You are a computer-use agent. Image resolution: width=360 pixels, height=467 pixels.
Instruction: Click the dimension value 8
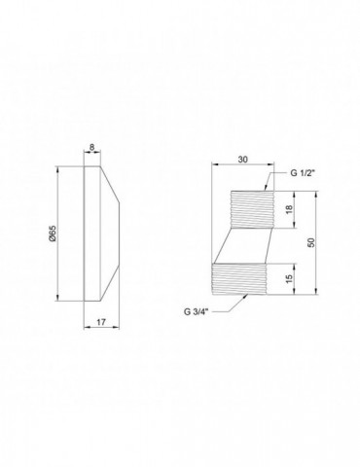92,147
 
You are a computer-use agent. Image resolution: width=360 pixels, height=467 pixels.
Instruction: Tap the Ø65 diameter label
54,233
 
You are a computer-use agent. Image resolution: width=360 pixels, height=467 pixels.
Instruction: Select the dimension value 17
101,322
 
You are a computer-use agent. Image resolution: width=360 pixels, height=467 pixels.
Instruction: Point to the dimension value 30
243,160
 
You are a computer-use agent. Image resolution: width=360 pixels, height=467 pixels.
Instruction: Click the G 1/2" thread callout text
303,173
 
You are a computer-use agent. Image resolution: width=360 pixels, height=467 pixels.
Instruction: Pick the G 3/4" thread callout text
197,311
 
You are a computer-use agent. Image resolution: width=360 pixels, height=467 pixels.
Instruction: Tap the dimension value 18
290,209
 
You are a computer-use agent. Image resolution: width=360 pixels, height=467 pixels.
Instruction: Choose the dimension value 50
311,242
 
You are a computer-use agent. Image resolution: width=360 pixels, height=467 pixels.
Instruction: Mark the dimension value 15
290,278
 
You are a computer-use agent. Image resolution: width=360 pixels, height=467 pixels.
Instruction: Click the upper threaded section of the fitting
252,209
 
